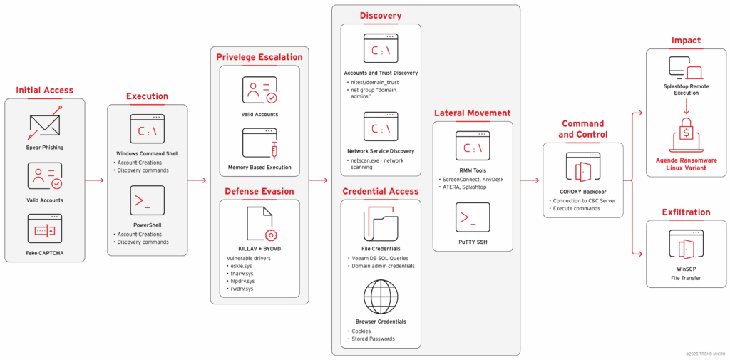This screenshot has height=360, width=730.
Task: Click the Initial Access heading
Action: [44, 90]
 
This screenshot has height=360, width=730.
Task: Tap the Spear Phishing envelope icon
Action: [44, 125]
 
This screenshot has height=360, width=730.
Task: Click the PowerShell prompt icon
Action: [147, 201]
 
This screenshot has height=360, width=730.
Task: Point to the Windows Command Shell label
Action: [147, 153]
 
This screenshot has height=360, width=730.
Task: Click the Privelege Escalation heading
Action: [259, 57]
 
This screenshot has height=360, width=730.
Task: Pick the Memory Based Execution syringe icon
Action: [259, 144]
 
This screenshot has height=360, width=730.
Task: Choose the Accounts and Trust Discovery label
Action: [381, 73]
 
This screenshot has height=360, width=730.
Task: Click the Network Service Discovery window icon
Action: [381, 128]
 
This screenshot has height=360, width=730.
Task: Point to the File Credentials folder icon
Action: [381, 225]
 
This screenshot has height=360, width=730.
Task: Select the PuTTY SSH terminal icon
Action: [473, 217]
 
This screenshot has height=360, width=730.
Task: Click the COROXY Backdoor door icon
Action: [582, 168]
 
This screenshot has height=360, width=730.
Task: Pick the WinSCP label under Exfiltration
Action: [686, 269]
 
